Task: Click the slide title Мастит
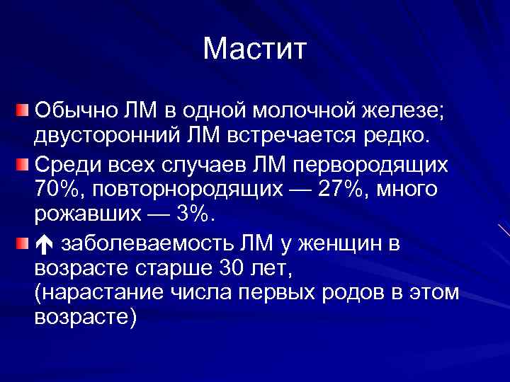click(254, 49)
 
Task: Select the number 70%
click(55, 190)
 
